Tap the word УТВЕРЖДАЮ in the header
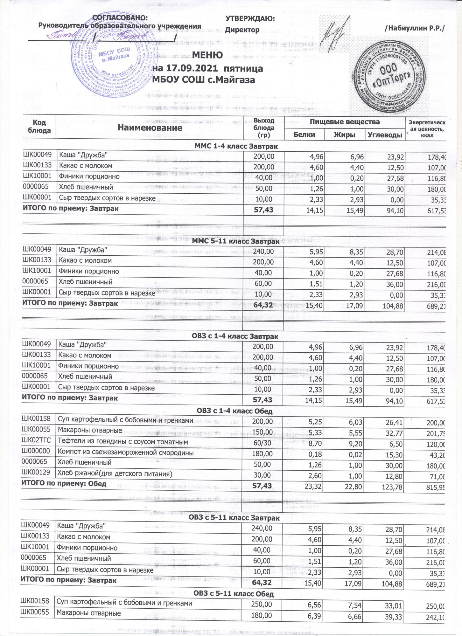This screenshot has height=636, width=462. (250, 19)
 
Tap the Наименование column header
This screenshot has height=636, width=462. (150, 128)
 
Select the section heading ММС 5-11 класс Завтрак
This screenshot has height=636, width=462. (236, 242)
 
